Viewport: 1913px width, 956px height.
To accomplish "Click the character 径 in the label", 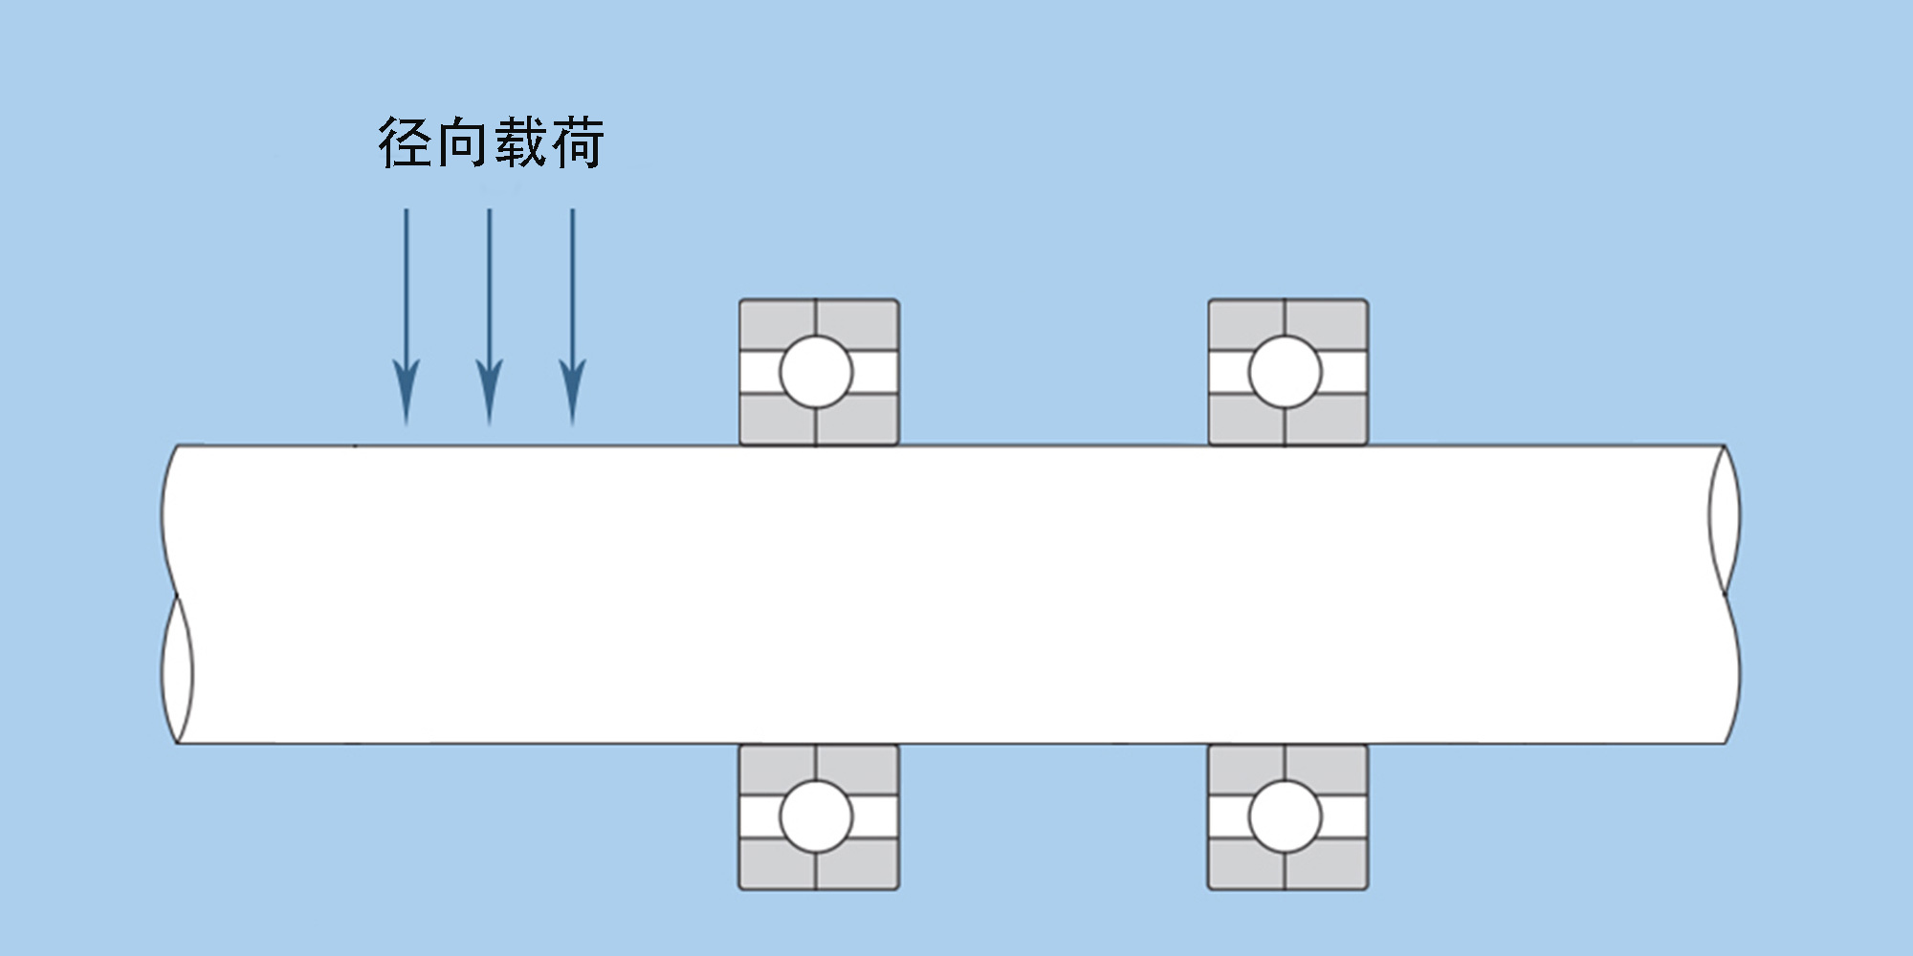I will click(x=407, y=143).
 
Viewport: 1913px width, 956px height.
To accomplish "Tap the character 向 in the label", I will click(x=462, y=143).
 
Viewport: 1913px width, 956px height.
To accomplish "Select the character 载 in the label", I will click(x=521, y=143).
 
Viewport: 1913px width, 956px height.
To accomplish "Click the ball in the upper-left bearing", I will click(x=816, y=372).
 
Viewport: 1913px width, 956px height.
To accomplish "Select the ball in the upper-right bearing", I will click(x=1285, y=372).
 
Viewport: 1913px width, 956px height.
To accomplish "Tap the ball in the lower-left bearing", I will click(x=816, y=816).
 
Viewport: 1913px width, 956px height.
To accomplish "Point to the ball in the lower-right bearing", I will click(x=1285, y=816).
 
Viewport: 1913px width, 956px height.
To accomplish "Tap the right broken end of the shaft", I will click(x=1725, y=593).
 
